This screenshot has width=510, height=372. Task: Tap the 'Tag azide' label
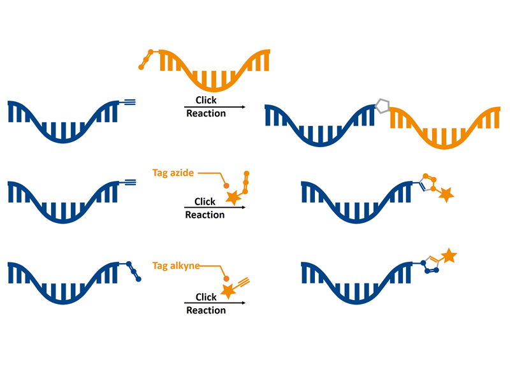pyautogui.click(x=173, y=173)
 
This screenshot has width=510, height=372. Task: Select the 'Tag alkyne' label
pyautogui.click(x=176, y=266)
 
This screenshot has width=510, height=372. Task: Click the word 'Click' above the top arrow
pyautogui.click(x=206, y=100)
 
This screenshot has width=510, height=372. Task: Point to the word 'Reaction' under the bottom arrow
pyautogui.click(x=206, y=310)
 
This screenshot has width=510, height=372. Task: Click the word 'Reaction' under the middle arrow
pyautogui.click(x=205, y=215)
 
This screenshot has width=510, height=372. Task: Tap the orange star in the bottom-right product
pyautogui.click(x=449, y=255)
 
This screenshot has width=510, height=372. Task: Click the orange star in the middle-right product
pyautogui.click(x=446, y=195)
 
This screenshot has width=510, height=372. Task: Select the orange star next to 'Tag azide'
pyautogui.click(x=233, y=197)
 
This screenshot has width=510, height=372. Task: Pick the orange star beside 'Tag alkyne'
pyautogui.click(x=228, y=290)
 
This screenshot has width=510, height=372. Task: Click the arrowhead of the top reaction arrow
pyautogui.click(x=244, y=107)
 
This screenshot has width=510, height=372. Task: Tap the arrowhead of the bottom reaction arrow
pyautogui.click(x=244, y=303)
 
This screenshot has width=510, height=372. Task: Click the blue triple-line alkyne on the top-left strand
pyautogui.click(x=127, y=103)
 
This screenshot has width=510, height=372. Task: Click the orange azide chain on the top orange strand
pyautogui.click(x=147, y=59)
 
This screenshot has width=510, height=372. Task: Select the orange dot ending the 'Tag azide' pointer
pyautogui.click(x=226, y=185)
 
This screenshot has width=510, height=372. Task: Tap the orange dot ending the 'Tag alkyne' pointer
pyautogui.click(x=226, y=279)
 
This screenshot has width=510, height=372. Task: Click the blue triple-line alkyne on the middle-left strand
pyautogui.click(x=127, y=182)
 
